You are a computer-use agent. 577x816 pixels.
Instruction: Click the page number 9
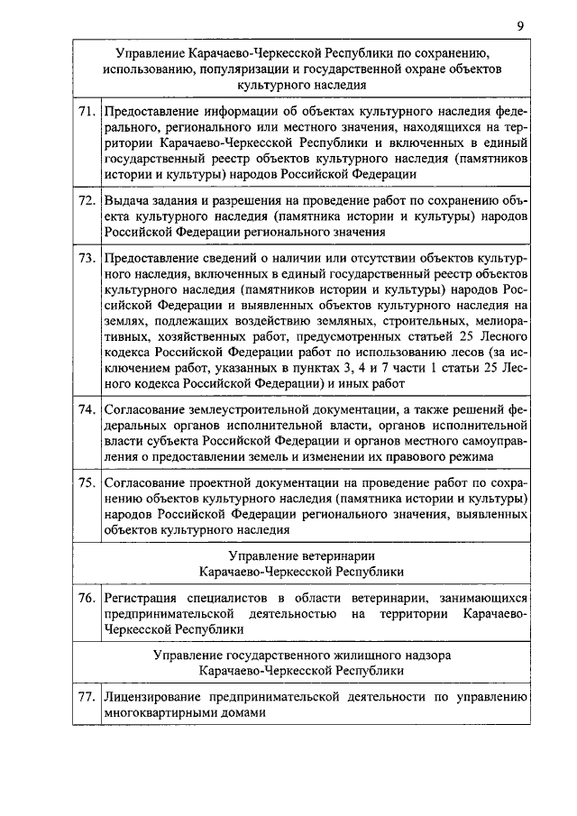[520, 26]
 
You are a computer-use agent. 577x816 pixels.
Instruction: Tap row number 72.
[87, 199]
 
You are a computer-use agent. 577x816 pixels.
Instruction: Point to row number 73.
[87, 259]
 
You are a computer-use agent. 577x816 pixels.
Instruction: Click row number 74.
[87, 408]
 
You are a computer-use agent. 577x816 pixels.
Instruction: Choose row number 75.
[87, 482]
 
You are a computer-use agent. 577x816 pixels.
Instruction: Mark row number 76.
[87, 597]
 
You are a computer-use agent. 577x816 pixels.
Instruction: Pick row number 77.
[87, 696]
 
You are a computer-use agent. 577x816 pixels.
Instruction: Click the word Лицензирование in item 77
[156, 696]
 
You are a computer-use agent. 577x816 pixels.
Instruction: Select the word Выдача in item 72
[127, 199]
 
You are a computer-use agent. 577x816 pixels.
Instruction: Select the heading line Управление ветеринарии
[301, 555]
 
